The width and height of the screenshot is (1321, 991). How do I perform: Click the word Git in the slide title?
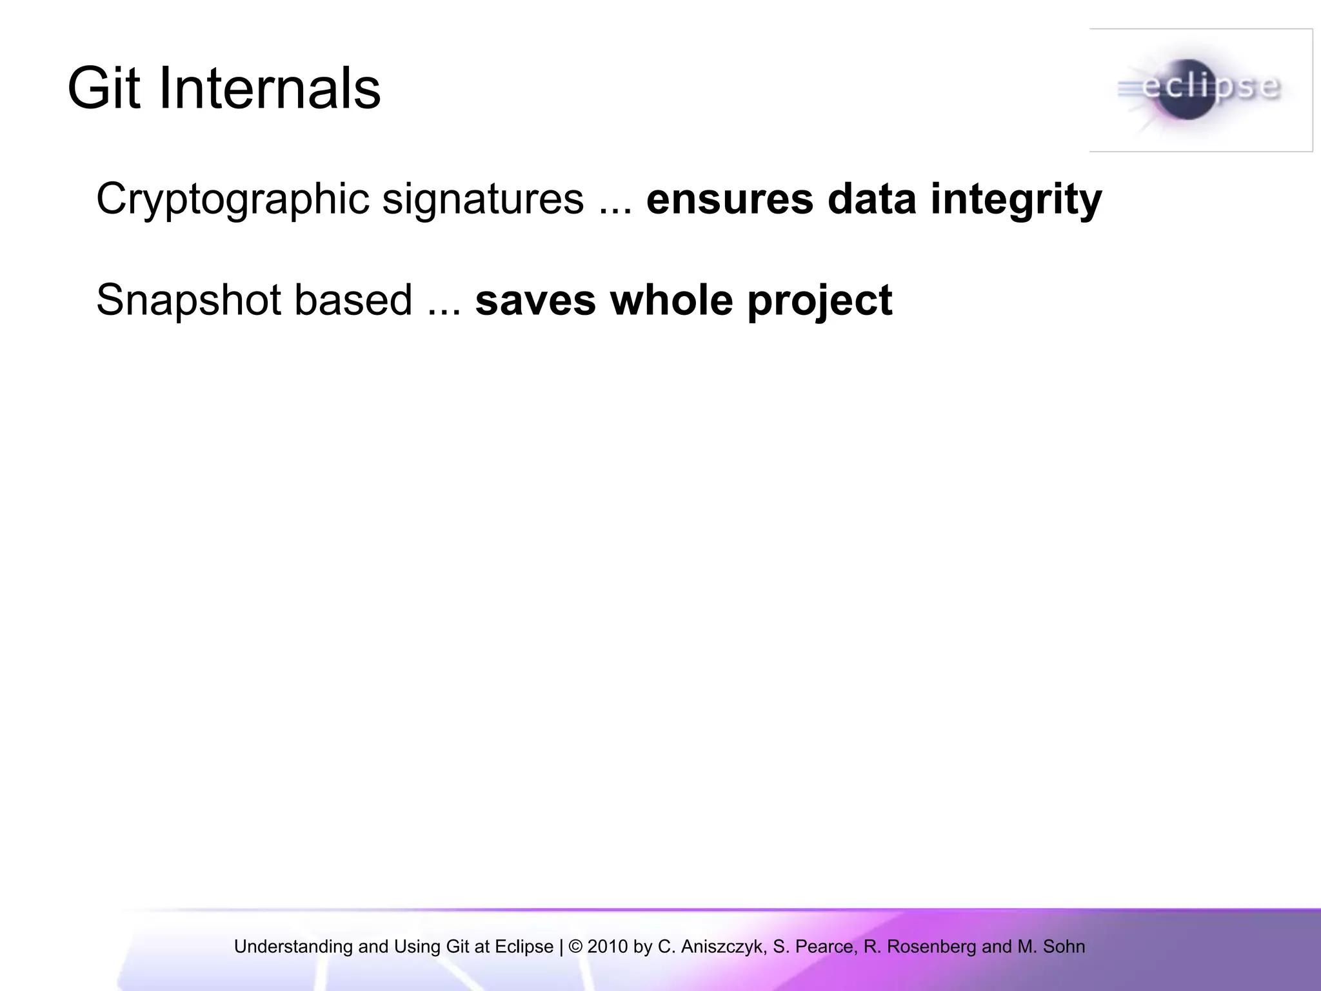click(103, 88)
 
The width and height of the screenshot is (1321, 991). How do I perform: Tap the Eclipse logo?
click(1201, 90)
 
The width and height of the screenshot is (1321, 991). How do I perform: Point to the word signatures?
click(483, 200)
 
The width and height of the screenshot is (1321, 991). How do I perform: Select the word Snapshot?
click(188, 301)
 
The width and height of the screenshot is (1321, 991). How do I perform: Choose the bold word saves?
click(535, 301)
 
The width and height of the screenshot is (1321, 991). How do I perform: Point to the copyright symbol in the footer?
click(575, 946)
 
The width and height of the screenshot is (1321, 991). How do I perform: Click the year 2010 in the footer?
click(607, 946)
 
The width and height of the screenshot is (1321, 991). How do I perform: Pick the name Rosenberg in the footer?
click(931, 947)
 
